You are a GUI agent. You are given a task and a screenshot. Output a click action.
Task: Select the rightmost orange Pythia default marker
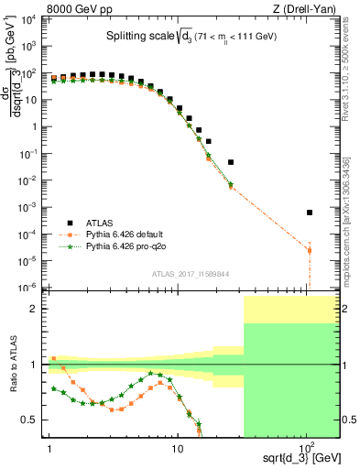coord(310,250)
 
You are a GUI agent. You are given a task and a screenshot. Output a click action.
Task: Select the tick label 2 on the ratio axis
coord(36,310)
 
